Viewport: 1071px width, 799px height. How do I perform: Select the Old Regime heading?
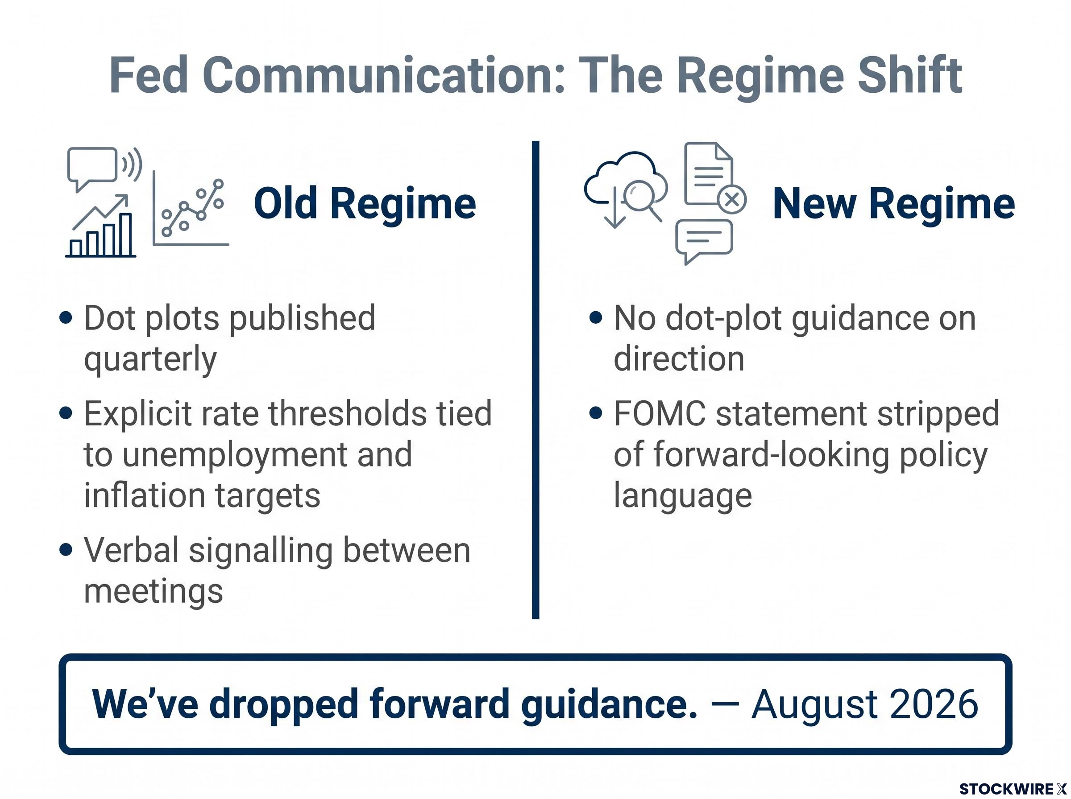click(x=365, y=204)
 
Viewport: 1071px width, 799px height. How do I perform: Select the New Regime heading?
click(x=893, y=204)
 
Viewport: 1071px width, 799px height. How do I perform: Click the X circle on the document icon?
click(x=732, y=199)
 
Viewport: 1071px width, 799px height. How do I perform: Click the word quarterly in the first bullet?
click(x=150, y=359)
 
